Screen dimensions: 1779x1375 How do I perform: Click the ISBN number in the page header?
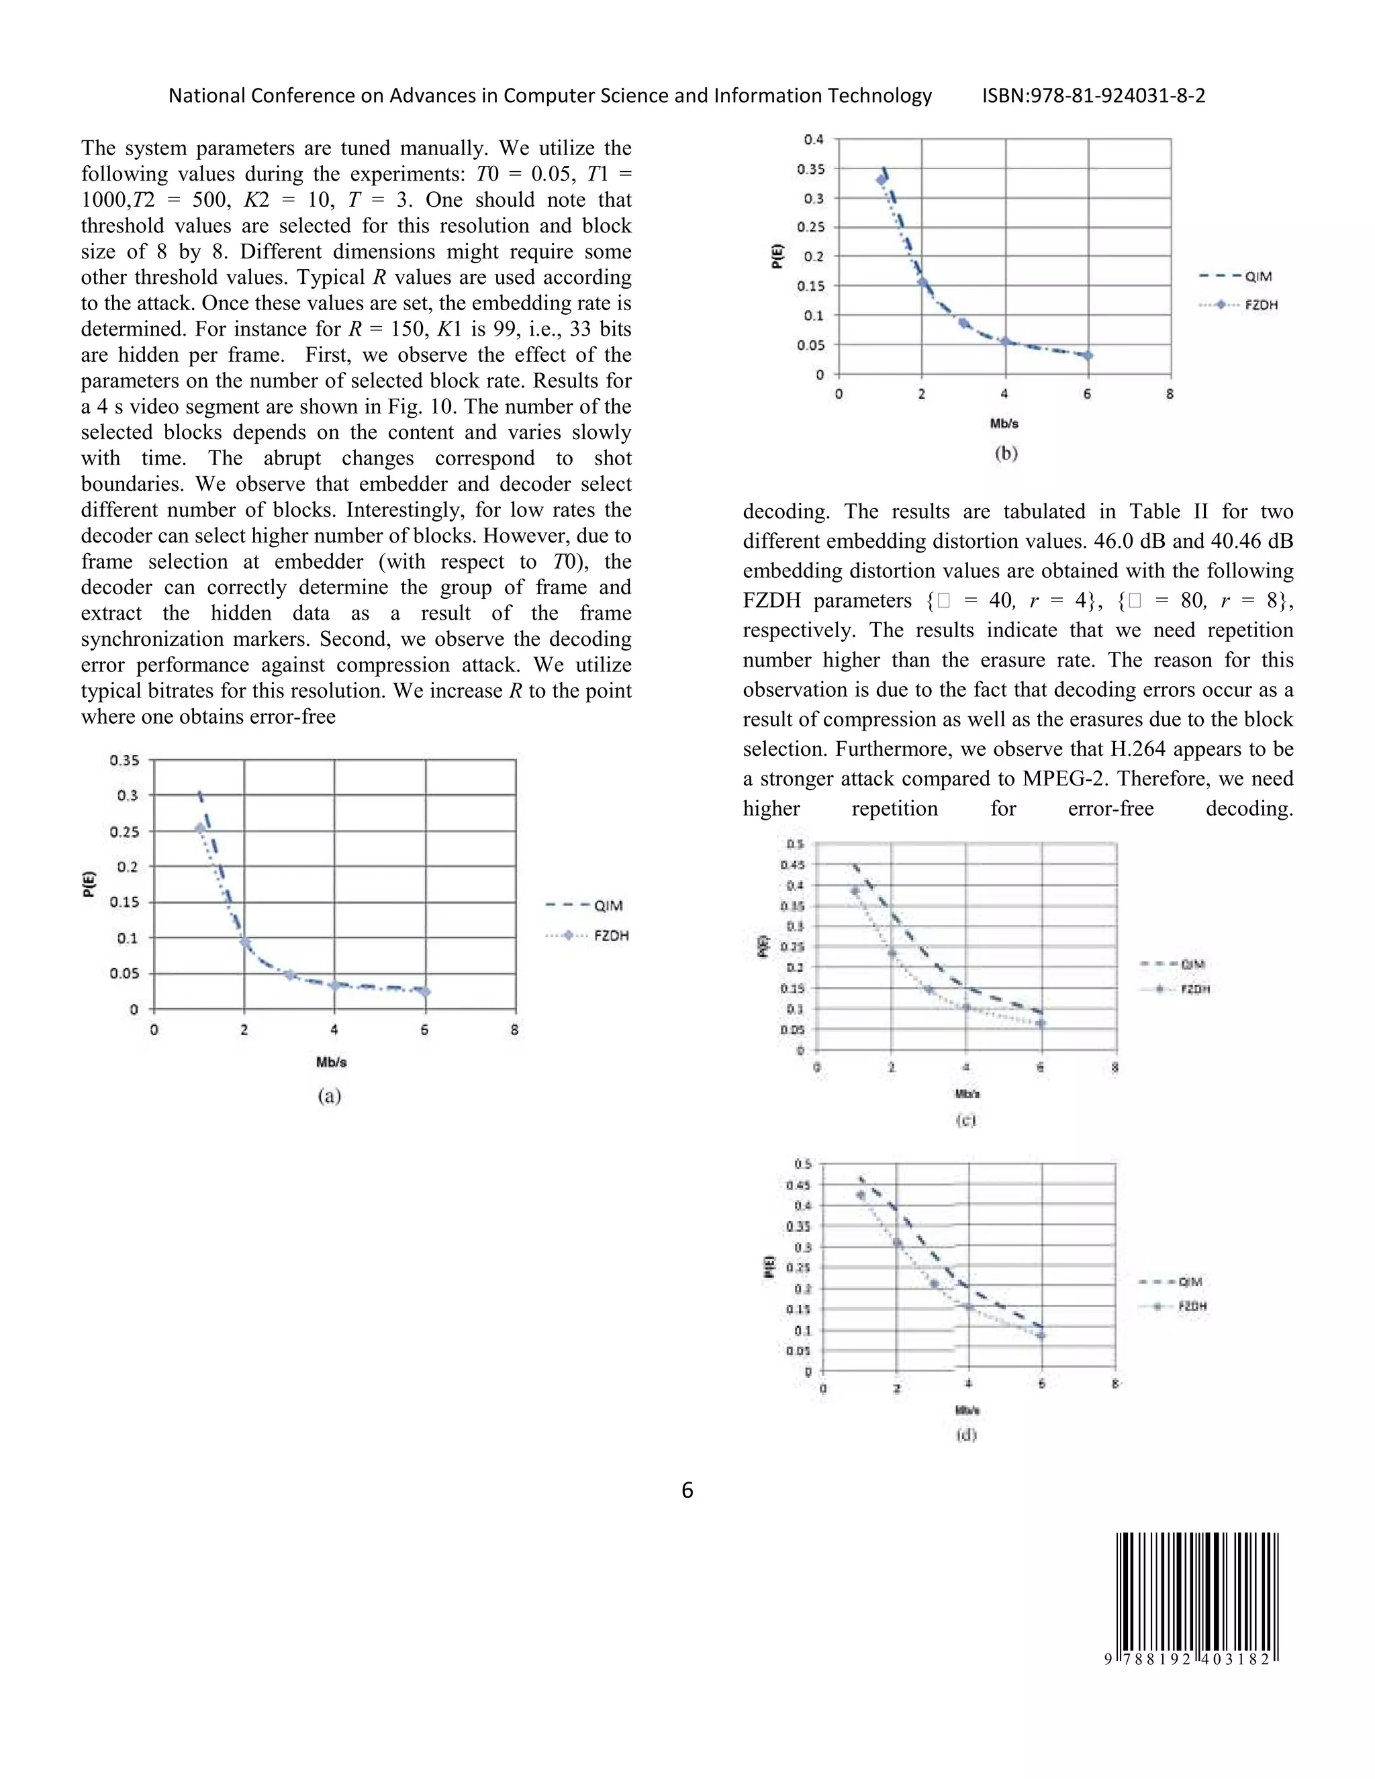click(1093, 96)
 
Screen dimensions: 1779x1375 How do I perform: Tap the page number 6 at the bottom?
click(687, 1490)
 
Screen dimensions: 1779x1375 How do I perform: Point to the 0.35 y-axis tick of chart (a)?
click(125, 760)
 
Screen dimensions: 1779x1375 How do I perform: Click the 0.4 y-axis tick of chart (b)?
click(814, 139)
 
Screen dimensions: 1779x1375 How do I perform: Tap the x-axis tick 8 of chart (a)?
click(515, 1030)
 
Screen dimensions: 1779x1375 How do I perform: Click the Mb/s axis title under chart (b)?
click(1004, 424)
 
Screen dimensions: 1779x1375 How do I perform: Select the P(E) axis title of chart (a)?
click(89, 884)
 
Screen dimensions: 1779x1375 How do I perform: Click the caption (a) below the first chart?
click(329, 1096)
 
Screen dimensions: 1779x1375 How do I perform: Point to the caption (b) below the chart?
click(1006, 454)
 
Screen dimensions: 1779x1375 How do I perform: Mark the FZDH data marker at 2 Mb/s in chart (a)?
click(244, 943)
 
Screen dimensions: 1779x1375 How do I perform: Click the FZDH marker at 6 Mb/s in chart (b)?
click(1088, 355)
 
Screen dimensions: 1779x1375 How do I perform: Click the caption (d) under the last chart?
click(966, 1435)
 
